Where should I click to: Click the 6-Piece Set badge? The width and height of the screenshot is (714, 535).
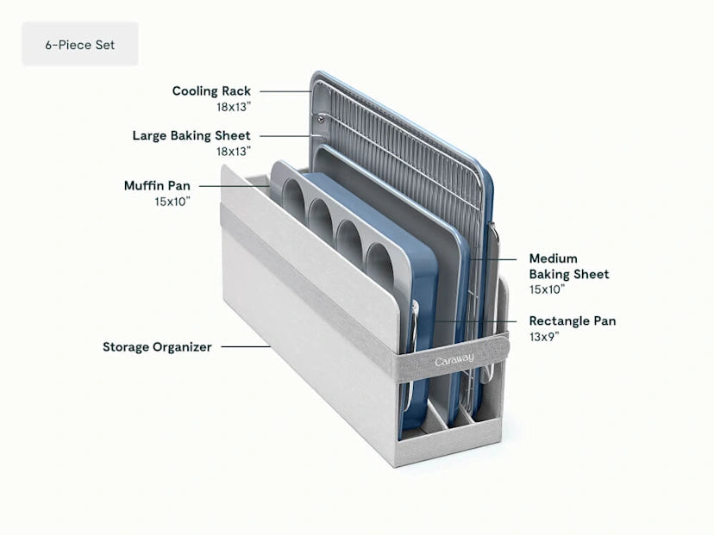[79, 44]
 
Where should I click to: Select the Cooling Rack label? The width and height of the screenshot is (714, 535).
[211, 90]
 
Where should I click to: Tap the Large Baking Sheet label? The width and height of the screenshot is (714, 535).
[191, 135]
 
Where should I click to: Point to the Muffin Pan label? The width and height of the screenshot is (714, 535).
[157, 185]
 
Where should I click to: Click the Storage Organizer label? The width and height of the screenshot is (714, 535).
[157, 347]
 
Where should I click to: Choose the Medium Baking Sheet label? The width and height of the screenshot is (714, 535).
[568, 266]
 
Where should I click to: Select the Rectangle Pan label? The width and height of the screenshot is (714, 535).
[572, 321]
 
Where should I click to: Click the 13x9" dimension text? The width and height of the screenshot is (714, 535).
[544, 337]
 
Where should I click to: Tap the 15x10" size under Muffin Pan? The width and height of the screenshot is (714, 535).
[172, 201]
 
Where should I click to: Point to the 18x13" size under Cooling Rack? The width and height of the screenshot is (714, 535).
[234, 107]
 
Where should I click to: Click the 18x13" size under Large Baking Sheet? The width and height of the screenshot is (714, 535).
[234, 152]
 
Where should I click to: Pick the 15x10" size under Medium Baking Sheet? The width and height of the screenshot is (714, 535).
[547, 290]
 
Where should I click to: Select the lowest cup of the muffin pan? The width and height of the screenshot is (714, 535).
[381, 258]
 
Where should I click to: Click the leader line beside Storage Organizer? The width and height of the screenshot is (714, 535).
[245, 347]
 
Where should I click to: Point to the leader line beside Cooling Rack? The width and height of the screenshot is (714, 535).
[285, 90]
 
